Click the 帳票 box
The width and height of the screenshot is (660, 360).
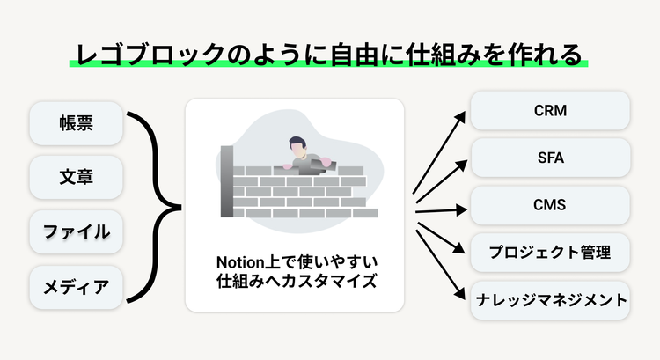click(76, 125)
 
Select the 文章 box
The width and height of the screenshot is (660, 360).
click(76, 179)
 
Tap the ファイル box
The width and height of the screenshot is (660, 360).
click(76, 232)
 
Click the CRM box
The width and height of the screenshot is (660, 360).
click(550, 112)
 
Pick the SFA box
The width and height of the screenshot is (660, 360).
click(550, 159)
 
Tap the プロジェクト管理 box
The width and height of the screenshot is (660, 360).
click(550, 254)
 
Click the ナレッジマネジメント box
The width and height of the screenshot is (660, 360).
click(550, 301)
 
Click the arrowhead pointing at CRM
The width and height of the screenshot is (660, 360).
click(462, 116)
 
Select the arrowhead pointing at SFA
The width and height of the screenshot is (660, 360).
click(462, 163)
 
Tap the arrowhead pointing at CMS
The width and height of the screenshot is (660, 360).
click(462, 209)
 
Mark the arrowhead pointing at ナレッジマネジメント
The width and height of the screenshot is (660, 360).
click(462, 297)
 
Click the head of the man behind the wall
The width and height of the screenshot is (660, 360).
click(295, 145)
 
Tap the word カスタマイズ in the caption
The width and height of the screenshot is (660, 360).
click(326, 283)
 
